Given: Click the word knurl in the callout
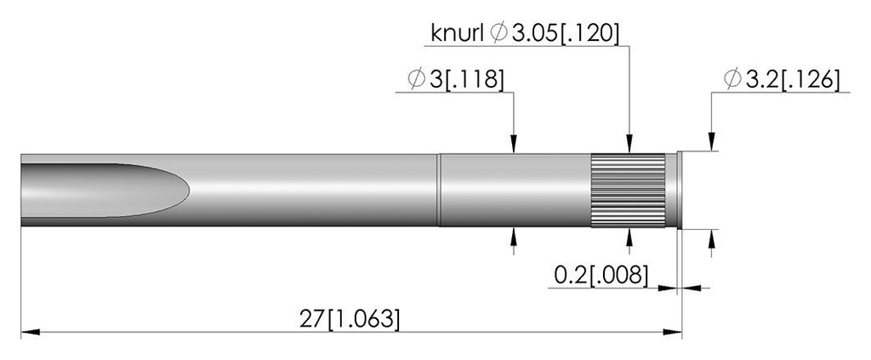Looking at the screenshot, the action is pyautogui.click(x=457, y=33).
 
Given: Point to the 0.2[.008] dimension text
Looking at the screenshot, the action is pyautogui.click(x=601, y=275).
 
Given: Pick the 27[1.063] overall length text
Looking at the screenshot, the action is pyautogui.click(x=350, y=319).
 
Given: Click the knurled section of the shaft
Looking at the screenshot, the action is pyautogui.click(x=629, y=191).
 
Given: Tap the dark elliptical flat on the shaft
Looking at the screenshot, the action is pyautogui.click(x=105, y=190).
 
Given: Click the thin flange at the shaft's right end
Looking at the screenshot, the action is pyautogui.click(x=680, y=190).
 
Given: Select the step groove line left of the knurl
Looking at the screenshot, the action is pyautogui.click(x=439, y=190).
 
